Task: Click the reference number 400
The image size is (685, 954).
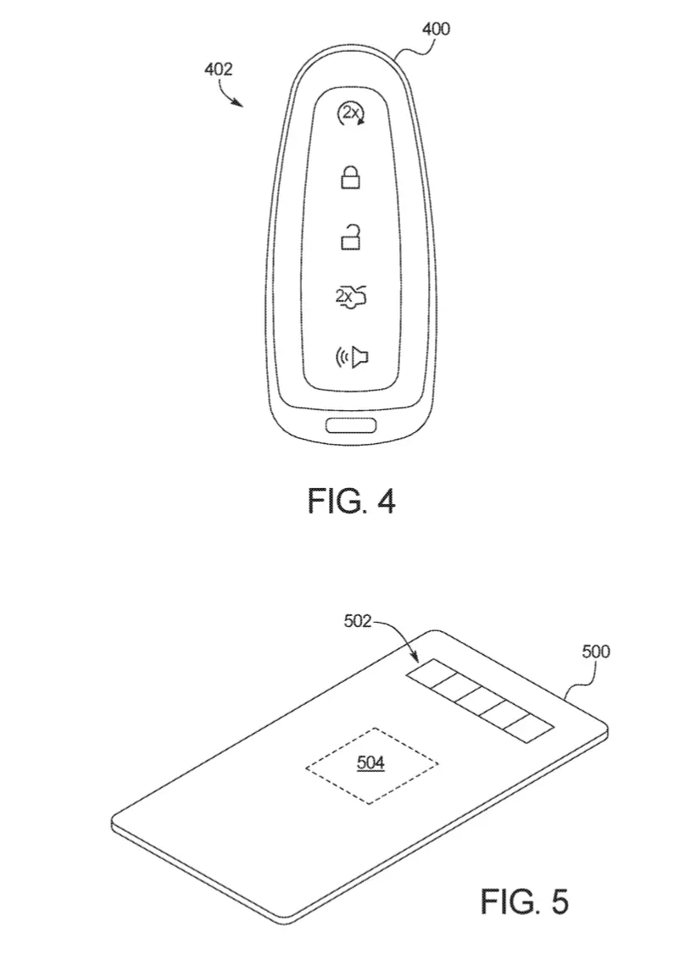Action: (436, 29)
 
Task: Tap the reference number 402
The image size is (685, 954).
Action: (218, 69)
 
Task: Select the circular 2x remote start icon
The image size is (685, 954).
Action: (351, 114)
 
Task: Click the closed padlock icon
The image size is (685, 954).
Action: (350, 176)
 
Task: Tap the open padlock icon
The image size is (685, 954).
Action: (350, 236)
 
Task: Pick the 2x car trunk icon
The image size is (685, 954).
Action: (351, 297)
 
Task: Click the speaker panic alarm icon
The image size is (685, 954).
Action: (352, 358)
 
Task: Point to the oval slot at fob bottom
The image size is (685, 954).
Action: (351, 425)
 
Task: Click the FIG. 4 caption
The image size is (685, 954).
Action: (351, 502)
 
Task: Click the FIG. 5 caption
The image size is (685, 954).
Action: (525, 901)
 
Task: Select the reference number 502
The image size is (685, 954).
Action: (358, 620)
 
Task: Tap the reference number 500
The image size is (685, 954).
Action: (595, 652)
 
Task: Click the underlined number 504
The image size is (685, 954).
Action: (370, 763)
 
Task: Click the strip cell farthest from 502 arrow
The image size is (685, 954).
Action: (528, 729)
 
